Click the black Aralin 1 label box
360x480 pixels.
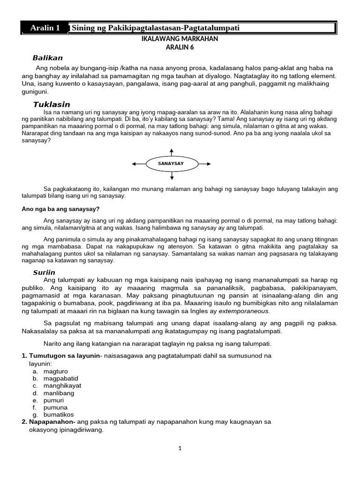(45, 28)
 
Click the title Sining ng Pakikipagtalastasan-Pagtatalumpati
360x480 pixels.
(155, 28)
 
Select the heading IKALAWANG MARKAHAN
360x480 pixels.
(180, 39)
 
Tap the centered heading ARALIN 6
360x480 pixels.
(180, 47)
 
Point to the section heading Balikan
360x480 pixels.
(47, 58)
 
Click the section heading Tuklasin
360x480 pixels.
(52, 104)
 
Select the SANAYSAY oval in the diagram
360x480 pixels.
(172, 164)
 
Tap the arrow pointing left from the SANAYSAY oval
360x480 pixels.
(139, 164)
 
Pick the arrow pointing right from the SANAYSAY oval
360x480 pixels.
(205, 164)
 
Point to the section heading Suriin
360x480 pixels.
(44, 272)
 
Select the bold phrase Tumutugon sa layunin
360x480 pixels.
(63, 356)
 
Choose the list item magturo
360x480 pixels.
(55, 371)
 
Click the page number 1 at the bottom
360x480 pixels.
(180, 448)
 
